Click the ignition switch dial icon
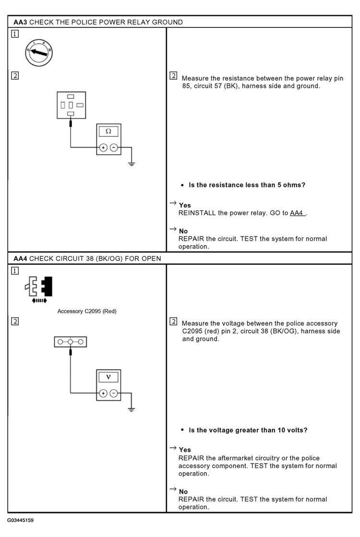click(x=39, y=52)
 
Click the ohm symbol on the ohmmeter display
click(x=108, y=131)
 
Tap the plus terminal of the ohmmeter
click(x=103, y=148)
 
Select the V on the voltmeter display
click(x=108, y=377)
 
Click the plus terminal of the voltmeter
click(x=103, y=393)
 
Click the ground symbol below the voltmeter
click(x=131, y=410)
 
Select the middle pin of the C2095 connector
click(x=70, y=342)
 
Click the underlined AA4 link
click(x=297, y=213)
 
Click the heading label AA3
click(x=20, y=22)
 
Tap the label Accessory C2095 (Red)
click(x=87, y=311)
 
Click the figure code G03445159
click(x=20, y=520)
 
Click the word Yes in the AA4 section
click(x=185, y=450)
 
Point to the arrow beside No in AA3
click(x=173, y=229)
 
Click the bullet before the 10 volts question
click(x=182, y=430)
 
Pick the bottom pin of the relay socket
click(x=71, y=114)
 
